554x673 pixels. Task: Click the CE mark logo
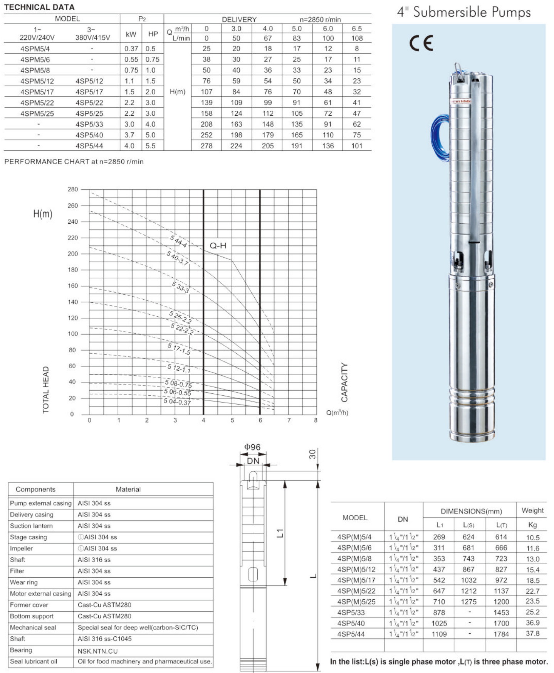[421, 43]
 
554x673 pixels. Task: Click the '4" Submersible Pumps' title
[463, 12]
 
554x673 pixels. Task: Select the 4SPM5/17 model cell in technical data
[37, 92]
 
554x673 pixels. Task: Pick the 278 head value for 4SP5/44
[206, 146]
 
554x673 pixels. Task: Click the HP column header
[153, 34]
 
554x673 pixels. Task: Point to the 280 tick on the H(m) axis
[72, 189]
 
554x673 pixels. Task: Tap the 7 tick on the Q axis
[289, 420]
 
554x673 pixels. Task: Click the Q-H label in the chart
[218, 246]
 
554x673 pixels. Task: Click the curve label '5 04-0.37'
[177, 402]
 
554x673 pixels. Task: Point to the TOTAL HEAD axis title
[46, 390]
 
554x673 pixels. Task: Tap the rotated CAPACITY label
[344, 382]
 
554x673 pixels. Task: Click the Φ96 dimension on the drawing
[252, 447]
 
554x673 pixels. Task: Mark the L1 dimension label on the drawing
[280, 533]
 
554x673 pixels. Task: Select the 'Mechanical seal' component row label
[33, 627]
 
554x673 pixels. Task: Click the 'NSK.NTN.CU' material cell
[97, 651]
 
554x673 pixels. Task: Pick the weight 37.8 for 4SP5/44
[532, 633]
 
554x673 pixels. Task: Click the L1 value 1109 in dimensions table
[439, 634]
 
